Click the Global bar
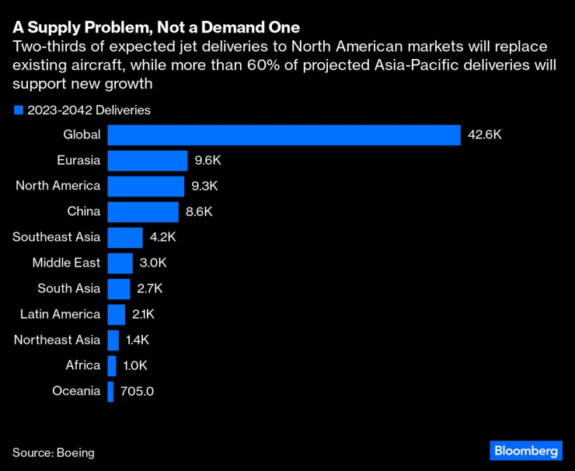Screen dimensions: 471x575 click(x=284, y=134)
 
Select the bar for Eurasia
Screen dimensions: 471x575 click(x=147, y=160)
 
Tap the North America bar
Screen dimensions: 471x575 click(x=145, y=186)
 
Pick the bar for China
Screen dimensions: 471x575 click(x=143, y=211)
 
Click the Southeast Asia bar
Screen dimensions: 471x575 click(x=124, y=237)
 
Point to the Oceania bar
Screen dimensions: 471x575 click(x=110, y=391)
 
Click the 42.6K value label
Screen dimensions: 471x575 click(x=485, y=134)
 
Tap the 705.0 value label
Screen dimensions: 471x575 click(x=137, y=391)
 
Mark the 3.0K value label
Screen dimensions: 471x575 click(x=153, y=263)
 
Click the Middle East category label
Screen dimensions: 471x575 click(x=66, y=263)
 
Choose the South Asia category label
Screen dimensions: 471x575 click(x=68, y=288)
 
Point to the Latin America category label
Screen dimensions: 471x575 click(x=60, y=314)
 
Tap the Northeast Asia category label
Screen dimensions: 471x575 click(x=57, y=340)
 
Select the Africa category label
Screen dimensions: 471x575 click(x=82, y=365)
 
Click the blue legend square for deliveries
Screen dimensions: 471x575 click(x=19, y=110)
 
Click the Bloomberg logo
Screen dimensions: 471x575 click(x=525, y=451)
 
